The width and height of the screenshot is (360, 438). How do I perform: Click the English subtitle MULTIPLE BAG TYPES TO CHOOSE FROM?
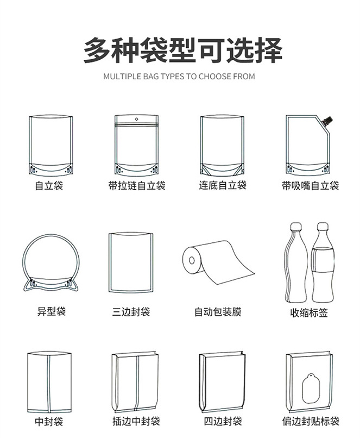(x=179, y=77)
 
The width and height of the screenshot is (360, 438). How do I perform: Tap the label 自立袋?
(x=49, y=186)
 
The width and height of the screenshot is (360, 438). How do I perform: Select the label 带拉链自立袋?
(x=137, y=186)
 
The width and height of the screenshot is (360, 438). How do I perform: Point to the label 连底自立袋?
(x=222, y=185)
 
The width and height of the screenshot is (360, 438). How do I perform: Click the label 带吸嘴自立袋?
(x=310, y=186)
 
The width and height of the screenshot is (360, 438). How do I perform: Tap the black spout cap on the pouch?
(x=329, y=117)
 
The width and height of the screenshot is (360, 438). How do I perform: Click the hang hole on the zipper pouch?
(x=137, y=118)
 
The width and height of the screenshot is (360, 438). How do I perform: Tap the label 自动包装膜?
(x=218, y=312)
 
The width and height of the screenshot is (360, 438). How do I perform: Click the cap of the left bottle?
(x=296, y=227)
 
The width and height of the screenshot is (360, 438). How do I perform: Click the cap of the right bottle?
(x=322, y=226)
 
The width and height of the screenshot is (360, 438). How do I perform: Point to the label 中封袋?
(x=49, y=422)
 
